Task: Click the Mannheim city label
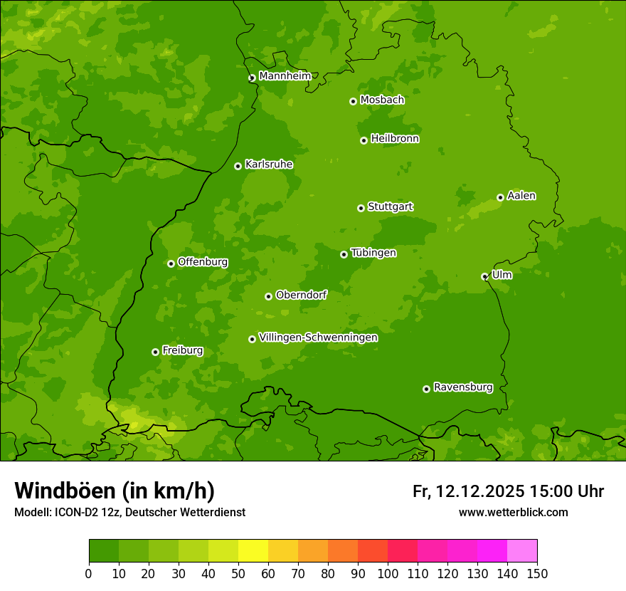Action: [x=285, y=76]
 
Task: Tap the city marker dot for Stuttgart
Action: [x=361, y=208]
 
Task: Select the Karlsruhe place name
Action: [x=268, y=164]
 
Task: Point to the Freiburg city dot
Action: [x=155, y=352]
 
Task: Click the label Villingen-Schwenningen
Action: [x=318, y=338]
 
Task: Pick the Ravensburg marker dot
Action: [x=426, y=389]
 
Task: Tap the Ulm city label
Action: [x=502, y=275]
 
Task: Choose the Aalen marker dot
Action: [x=500, y=197]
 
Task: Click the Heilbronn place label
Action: [x=395, y=139]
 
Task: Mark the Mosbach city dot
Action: [x=353, y=101]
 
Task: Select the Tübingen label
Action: [x=373, y=253]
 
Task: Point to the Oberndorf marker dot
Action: [x=268, y=296]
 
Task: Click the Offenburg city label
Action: [x=203, y=262]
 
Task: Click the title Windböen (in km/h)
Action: [x=115, y=491]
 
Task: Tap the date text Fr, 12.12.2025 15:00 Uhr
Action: [x=508, y=491]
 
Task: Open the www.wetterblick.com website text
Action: [x=513, y=512]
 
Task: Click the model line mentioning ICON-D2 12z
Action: [x=129, y=512]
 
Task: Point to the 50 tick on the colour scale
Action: [x=238, y=573]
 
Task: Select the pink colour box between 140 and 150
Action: [x=522, y=551]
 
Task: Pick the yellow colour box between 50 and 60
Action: [x=253, y=551]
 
